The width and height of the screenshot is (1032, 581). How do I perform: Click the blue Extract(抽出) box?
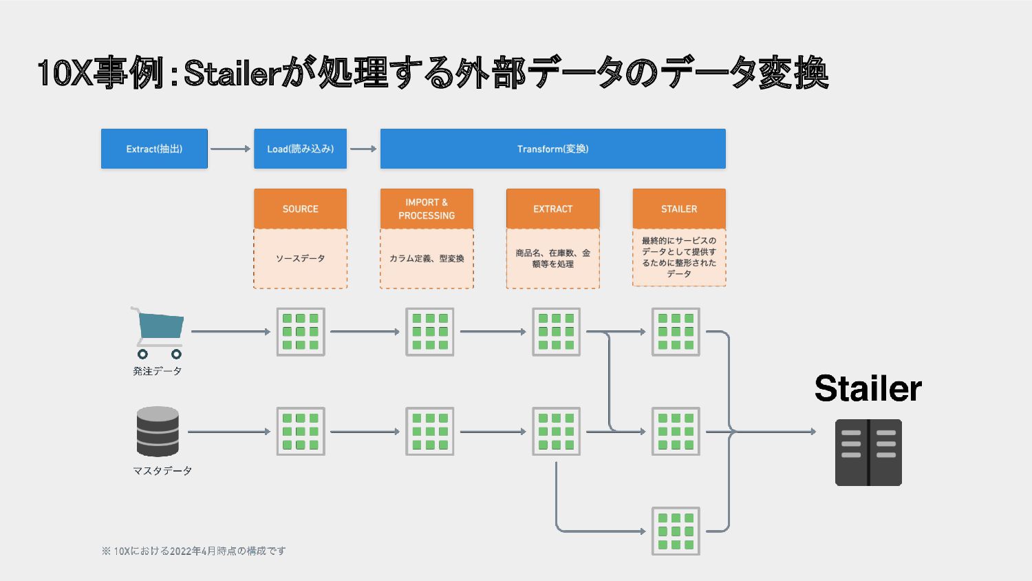click(x=154, y=149)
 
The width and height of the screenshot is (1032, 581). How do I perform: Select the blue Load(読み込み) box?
click(x=301, y=149)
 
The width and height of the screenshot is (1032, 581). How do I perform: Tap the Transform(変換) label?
click(x=553, y=149)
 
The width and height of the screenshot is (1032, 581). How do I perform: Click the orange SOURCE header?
click(x=301, y=209)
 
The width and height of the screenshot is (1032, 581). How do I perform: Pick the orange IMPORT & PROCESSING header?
click(x=427, y=209)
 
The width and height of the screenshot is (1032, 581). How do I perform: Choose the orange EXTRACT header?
click(x=553, y=209)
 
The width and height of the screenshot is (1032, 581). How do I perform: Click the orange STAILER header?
click(x=679, y=209)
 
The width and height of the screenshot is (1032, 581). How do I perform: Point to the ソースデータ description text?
click(x=301, y=258)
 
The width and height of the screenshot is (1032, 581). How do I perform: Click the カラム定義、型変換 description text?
click(x=427, y=258)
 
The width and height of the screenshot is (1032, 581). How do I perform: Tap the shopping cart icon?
click(x=158, y=333)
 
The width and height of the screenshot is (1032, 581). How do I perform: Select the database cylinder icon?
click(x=158, y=432)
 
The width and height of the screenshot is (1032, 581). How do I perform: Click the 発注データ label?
click(x=157, y=371)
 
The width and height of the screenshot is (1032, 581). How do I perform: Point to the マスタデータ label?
click(x=162, y=471)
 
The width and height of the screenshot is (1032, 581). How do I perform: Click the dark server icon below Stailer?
click(x=868, y=452)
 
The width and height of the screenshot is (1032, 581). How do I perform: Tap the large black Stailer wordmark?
click(x=868, y=388)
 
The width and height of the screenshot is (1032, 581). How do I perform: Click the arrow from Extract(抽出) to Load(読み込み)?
click(x=230, y=149)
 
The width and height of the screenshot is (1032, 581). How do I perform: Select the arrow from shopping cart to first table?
click(x=230, y=332)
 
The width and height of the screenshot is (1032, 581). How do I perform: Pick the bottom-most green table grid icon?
click(x=676, y=531)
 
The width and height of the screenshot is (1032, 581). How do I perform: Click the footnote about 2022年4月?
click(x=193, y=551)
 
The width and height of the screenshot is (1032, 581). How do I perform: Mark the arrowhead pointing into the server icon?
click(x=813, y=432)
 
